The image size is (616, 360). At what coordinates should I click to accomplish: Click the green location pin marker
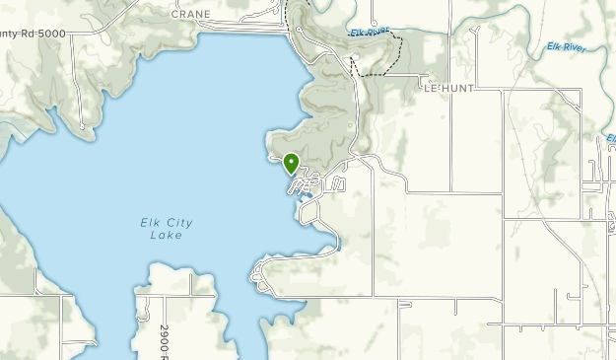pos(291,162)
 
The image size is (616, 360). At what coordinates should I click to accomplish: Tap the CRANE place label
pos(191,15)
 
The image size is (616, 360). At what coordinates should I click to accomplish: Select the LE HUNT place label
pos(448,88)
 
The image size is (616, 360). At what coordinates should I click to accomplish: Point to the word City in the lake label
pos(178,223)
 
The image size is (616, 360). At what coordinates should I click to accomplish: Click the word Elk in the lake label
pos(149,223)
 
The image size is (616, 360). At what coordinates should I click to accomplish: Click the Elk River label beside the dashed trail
pos(370,33)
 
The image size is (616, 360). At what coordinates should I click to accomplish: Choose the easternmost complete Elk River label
pos(571,43)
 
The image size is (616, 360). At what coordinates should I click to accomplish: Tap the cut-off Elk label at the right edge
pos(611,138)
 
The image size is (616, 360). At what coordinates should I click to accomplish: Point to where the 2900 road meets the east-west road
pos(158,296)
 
